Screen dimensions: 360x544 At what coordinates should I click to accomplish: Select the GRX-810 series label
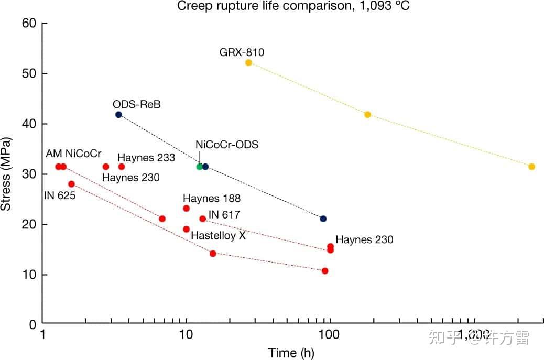[x=242, y=52]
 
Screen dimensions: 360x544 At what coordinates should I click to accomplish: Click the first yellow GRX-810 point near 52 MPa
[x=248, y=62]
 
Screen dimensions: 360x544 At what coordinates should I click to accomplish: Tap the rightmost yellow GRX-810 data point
[x=531, y=167]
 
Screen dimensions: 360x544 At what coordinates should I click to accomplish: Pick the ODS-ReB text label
[x=136, y=105]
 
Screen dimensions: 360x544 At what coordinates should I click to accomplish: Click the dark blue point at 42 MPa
[x=118, y=114]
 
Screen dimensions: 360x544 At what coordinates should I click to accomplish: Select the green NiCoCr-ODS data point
[x=199, y=167]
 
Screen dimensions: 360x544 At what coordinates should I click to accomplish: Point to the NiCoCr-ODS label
[x=227, y=145]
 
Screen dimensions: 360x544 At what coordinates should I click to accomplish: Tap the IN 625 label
[x=60, y=196]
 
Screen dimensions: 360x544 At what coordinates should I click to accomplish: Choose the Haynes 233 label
[x=146, y=157]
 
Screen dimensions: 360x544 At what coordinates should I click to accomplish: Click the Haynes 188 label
[x=212, y=199]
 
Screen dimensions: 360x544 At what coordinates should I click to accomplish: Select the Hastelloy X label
[x=218, y=235]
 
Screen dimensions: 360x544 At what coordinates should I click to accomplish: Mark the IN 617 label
[x=224, y=215]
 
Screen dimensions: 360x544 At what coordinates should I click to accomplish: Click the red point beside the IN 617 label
[x=202, y=219]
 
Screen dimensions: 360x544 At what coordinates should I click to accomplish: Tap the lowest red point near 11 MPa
[x=325, y=271]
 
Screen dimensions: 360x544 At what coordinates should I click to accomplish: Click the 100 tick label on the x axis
[x=329, y=334]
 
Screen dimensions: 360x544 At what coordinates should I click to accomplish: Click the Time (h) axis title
[x=291, y=352]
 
